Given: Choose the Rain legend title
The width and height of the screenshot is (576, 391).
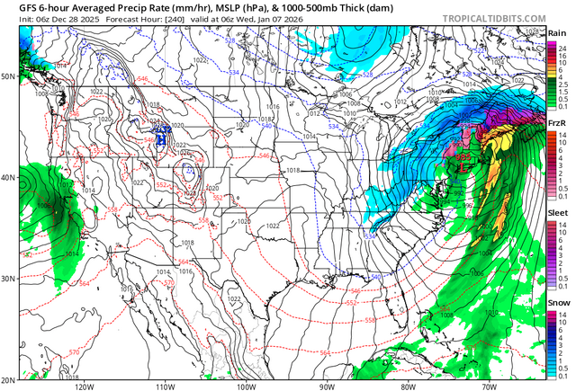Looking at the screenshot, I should tap(557, 32).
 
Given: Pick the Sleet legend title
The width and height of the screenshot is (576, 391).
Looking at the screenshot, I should tap(557, 214).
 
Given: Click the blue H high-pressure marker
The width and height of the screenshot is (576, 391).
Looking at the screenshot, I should tap(163, 135).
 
